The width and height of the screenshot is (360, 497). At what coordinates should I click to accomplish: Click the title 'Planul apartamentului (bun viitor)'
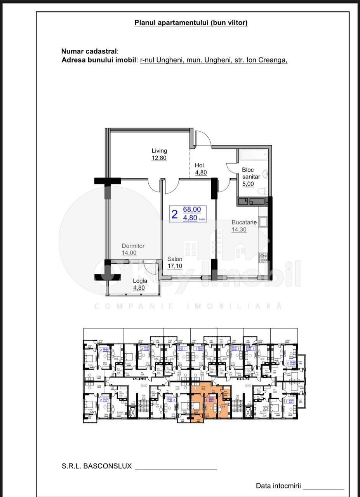coord(191,23)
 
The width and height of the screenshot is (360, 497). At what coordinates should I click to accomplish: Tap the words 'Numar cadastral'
coord(89,51)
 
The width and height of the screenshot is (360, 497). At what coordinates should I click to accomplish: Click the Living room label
coord(159,151)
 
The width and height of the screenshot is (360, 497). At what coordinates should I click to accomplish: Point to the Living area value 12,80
coord(159,158)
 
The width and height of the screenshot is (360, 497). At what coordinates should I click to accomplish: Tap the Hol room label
coord(199,165)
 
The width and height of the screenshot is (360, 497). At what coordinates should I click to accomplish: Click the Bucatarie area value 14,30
coord(239,229)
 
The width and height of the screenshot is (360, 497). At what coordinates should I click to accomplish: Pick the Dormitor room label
coord(133,246)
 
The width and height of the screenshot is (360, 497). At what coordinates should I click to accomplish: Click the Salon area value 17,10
coord(175,266)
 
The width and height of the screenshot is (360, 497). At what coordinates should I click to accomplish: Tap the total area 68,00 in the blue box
coord(192,209)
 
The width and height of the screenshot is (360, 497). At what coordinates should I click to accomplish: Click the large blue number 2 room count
coord(175,214)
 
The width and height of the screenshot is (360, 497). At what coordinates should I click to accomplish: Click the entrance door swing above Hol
coord(202,139)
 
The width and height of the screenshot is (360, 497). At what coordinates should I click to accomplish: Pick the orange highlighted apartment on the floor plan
coord(210,404)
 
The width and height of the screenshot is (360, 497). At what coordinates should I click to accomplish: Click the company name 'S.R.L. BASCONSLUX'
coord(97,466)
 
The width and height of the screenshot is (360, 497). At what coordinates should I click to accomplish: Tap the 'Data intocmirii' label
coord(278,486)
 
